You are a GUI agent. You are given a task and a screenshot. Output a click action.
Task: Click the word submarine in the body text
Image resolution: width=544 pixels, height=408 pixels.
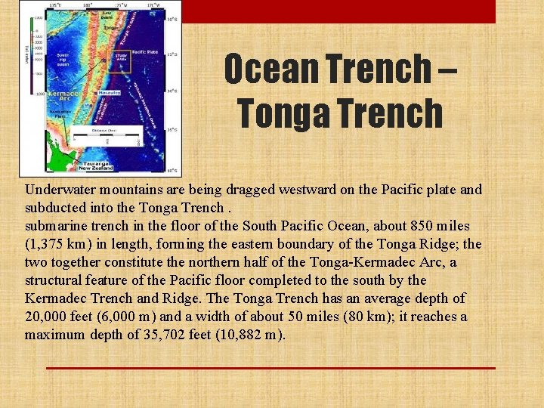(x=53, y=226)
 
